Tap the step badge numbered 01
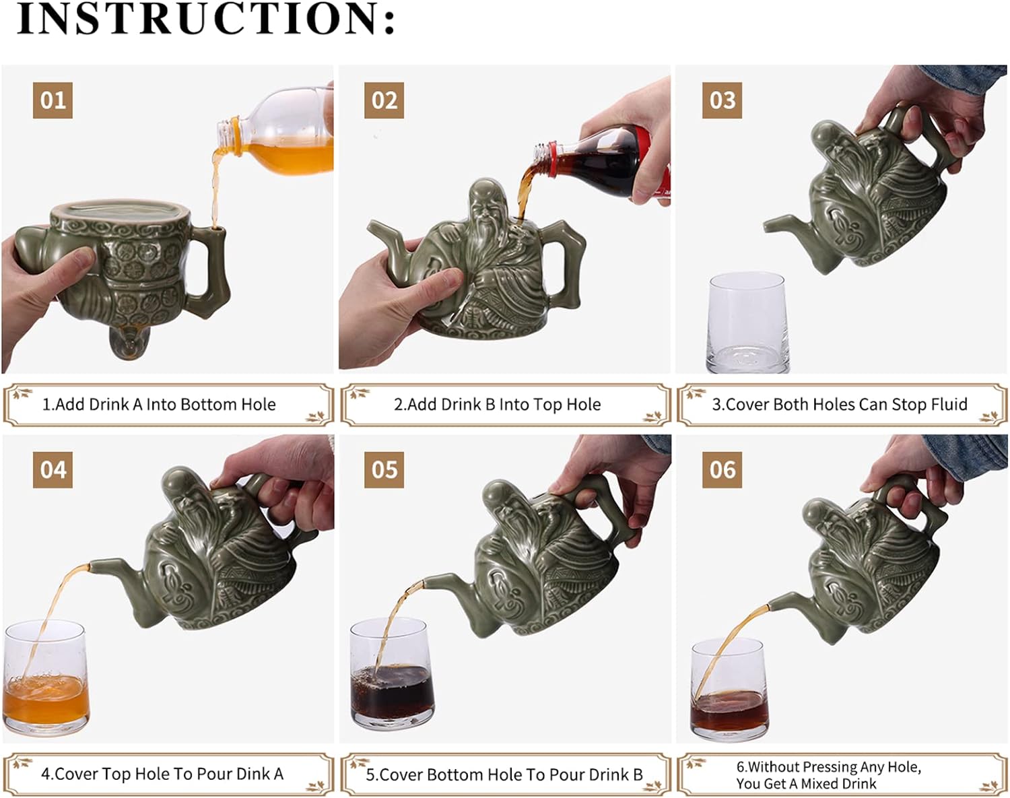pos(53,100)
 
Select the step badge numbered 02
pos(384,100)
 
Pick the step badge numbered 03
pos(722,100)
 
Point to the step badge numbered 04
pos(53,470)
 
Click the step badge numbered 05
pos(384,470)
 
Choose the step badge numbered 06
pos(722,470)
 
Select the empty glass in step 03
pos(747,323)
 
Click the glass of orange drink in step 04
pos(46,677)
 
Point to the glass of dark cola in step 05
pos(391,673)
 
